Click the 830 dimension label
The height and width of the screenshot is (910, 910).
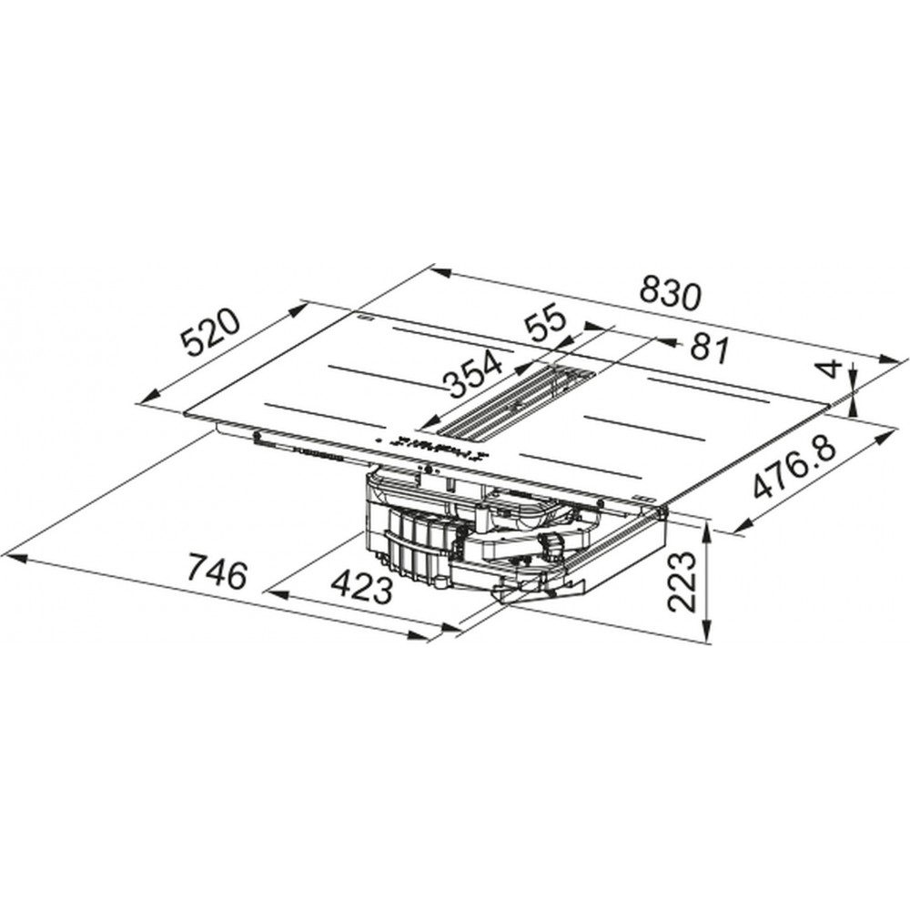pyautogui.click(x=671, y=295)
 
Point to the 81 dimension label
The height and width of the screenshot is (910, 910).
pyautogui.click(x=708, y=349)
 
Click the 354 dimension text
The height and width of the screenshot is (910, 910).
pyautogui.click(x=472, y=373)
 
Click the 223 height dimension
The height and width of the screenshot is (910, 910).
pyautogui.click(x=682, y=581)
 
